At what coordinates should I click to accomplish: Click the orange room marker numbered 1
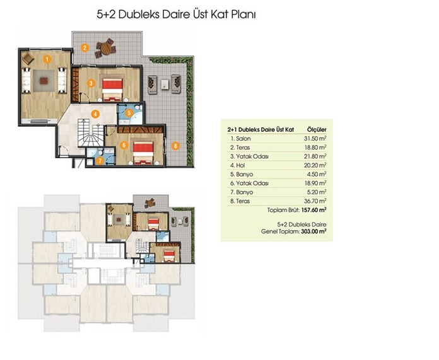pyautogui.click(x=47, y=59)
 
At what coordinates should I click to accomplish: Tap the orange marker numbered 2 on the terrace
pyautogui.click(x=85, y=47)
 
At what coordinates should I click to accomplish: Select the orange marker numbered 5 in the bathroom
pyautogui.click(x=129, y=113)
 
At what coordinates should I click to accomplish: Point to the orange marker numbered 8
pyautogui.click(x=175, y=146)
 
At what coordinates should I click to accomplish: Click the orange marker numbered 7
pyautogui.click(x=100, y=161)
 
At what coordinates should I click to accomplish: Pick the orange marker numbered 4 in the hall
pyautogui.click(x=95, y=114)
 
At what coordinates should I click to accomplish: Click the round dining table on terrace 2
pyautogui.click(x=106, y=49)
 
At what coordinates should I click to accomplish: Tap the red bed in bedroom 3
pyautogui.click(x=112, y=90)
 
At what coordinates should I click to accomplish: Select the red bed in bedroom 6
pyautogui.click(x=143, y=153)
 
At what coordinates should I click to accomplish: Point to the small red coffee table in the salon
pyautogui.click(x=44, y=81)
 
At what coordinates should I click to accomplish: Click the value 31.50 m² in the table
pyautogui.click(x=315, y=138)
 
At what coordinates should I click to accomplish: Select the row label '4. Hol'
pyautogui.click(x=237, y=165)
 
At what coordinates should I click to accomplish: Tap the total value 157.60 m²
pyautogui.click(x=314, y=210)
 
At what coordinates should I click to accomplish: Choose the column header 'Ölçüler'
pyautogui.click(x=317, y=130)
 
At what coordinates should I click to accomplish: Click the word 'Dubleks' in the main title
pyautogui.click(x=139, y=15)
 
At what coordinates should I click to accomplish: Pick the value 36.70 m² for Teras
pyautogui.click(x=315, y=201)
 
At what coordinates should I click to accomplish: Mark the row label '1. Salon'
pyautogui.click(x=240, y=138)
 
